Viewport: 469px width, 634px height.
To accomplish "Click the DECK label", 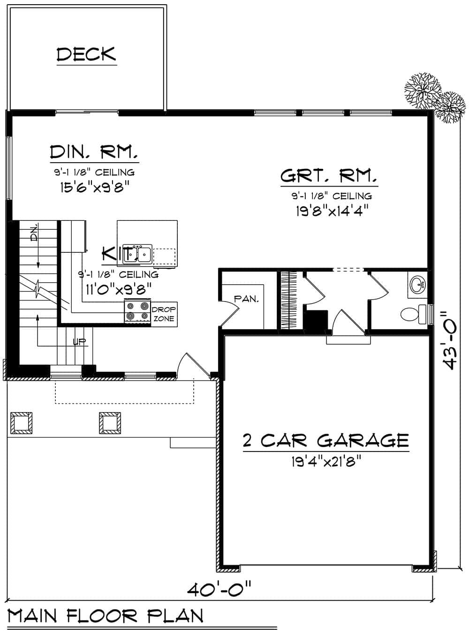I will pyautogui.click(x=86, y=54).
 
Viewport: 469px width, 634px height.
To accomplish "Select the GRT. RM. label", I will pyautogui.click(x=329, y=176).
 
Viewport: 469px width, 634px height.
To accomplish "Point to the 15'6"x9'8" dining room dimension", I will pyautogui.click(x=94, y=187).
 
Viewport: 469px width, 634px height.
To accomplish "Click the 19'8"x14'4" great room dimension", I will pyautogui.click(x=330, y=211).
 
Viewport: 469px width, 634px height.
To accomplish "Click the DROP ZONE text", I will pyautogui.click(x=164, y=314).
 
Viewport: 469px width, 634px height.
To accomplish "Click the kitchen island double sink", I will pyautogui.click(x=141, y=254).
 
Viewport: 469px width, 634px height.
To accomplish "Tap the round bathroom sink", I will pyautogui.click(x=417, y=284).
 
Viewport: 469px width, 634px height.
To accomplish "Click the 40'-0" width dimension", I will pyautogui.click(x=219, y=588).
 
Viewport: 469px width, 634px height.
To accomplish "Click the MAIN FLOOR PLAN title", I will pyautogui.click(x=106, y=616).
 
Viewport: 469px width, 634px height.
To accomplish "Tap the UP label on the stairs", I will pyautogui.click(x=80, y=341).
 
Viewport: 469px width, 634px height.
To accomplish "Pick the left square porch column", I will pyautogui.click(x=21, y=423).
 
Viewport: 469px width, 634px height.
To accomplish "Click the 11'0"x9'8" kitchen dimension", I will pyautogui.click(x=118, y=288).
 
